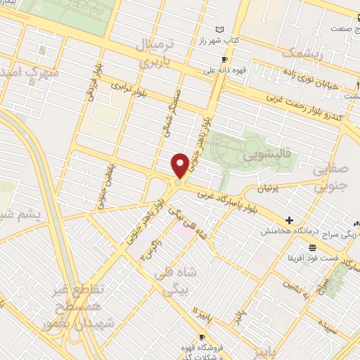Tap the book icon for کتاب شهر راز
pyautogui.click(x=221, y=30)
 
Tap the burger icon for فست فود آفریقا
pyautogui.click(x=312, y=247)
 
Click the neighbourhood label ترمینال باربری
pyautogui.click(x=162, y=50)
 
